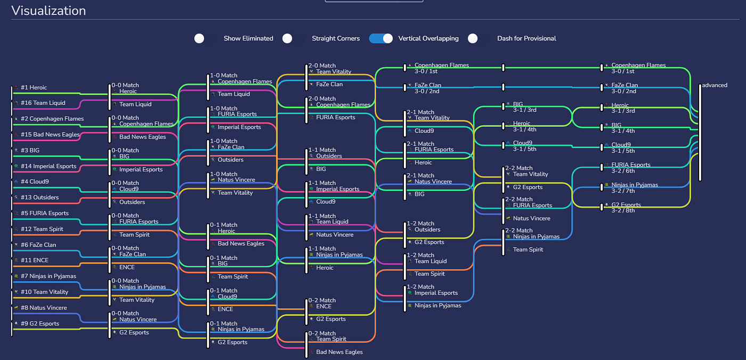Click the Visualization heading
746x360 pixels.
pyautogui.click(x=48, y=10)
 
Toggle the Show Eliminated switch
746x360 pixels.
pyautogui.click(x=205, y=38)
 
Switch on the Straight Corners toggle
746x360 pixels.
pyautogui.click(x=293, y=38)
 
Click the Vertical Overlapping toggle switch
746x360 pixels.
pyautogui.click(x=381, y=38)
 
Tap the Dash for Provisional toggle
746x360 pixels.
pyautogui.click(x=478, y=38)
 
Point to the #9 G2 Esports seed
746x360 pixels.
pyautogui.click(x=39, y=323)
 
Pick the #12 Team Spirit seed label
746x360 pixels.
pyautogui.click(x=42, y=229)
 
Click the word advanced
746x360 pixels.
pyautogui.click(x=715, y=85)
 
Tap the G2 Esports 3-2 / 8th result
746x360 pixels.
pyautogui.click(x=626, y=207)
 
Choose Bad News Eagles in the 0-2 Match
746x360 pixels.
pyautogui.click(x=339, y=352)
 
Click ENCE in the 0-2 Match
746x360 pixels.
pyautogui.click(x=323, y=306)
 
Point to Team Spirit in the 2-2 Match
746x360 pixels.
pyautogui.click(x=528, y=249)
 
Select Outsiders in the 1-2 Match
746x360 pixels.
pyautogui.click(x=427, y=230)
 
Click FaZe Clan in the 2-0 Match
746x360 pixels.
pyautogui.click(x=329, y=84)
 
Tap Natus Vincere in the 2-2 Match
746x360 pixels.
pyautogui.click(x=531, y=218)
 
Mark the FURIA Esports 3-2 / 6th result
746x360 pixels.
pyautogui.click(x=630, y=168)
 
